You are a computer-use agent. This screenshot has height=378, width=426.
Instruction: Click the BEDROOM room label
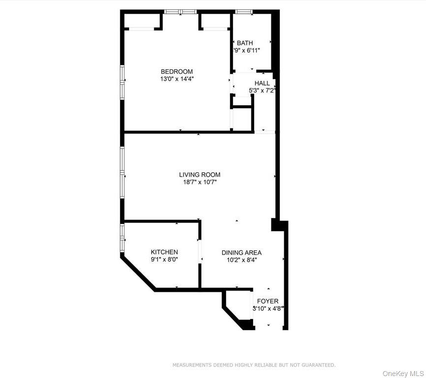(176, 71)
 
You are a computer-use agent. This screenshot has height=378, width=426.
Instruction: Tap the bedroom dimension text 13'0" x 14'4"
(176, 79)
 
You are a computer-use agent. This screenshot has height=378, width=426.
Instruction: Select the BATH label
(245, 43)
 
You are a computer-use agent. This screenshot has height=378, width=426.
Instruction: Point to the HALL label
(262, 83)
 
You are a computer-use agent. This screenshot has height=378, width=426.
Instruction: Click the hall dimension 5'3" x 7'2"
(262, 91)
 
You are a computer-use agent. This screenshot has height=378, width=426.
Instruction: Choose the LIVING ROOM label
(199, 175)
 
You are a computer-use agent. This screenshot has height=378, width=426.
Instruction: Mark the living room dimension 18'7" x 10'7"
(199, 182)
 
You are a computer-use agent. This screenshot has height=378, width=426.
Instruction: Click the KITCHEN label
(164, 252)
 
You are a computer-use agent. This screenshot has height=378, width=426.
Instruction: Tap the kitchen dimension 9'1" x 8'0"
(164, 259)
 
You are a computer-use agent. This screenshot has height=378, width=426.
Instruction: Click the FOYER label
(267, 301)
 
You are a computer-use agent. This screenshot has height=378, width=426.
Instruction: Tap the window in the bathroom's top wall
(243, 11)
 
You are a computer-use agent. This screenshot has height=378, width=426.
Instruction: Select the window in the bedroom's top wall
(180, 11)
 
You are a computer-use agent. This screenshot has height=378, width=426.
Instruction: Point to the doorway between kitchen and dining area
(200, 252)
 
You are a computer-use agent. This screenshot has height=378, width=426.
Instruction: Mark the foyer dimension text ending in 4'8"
(268, 309)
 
